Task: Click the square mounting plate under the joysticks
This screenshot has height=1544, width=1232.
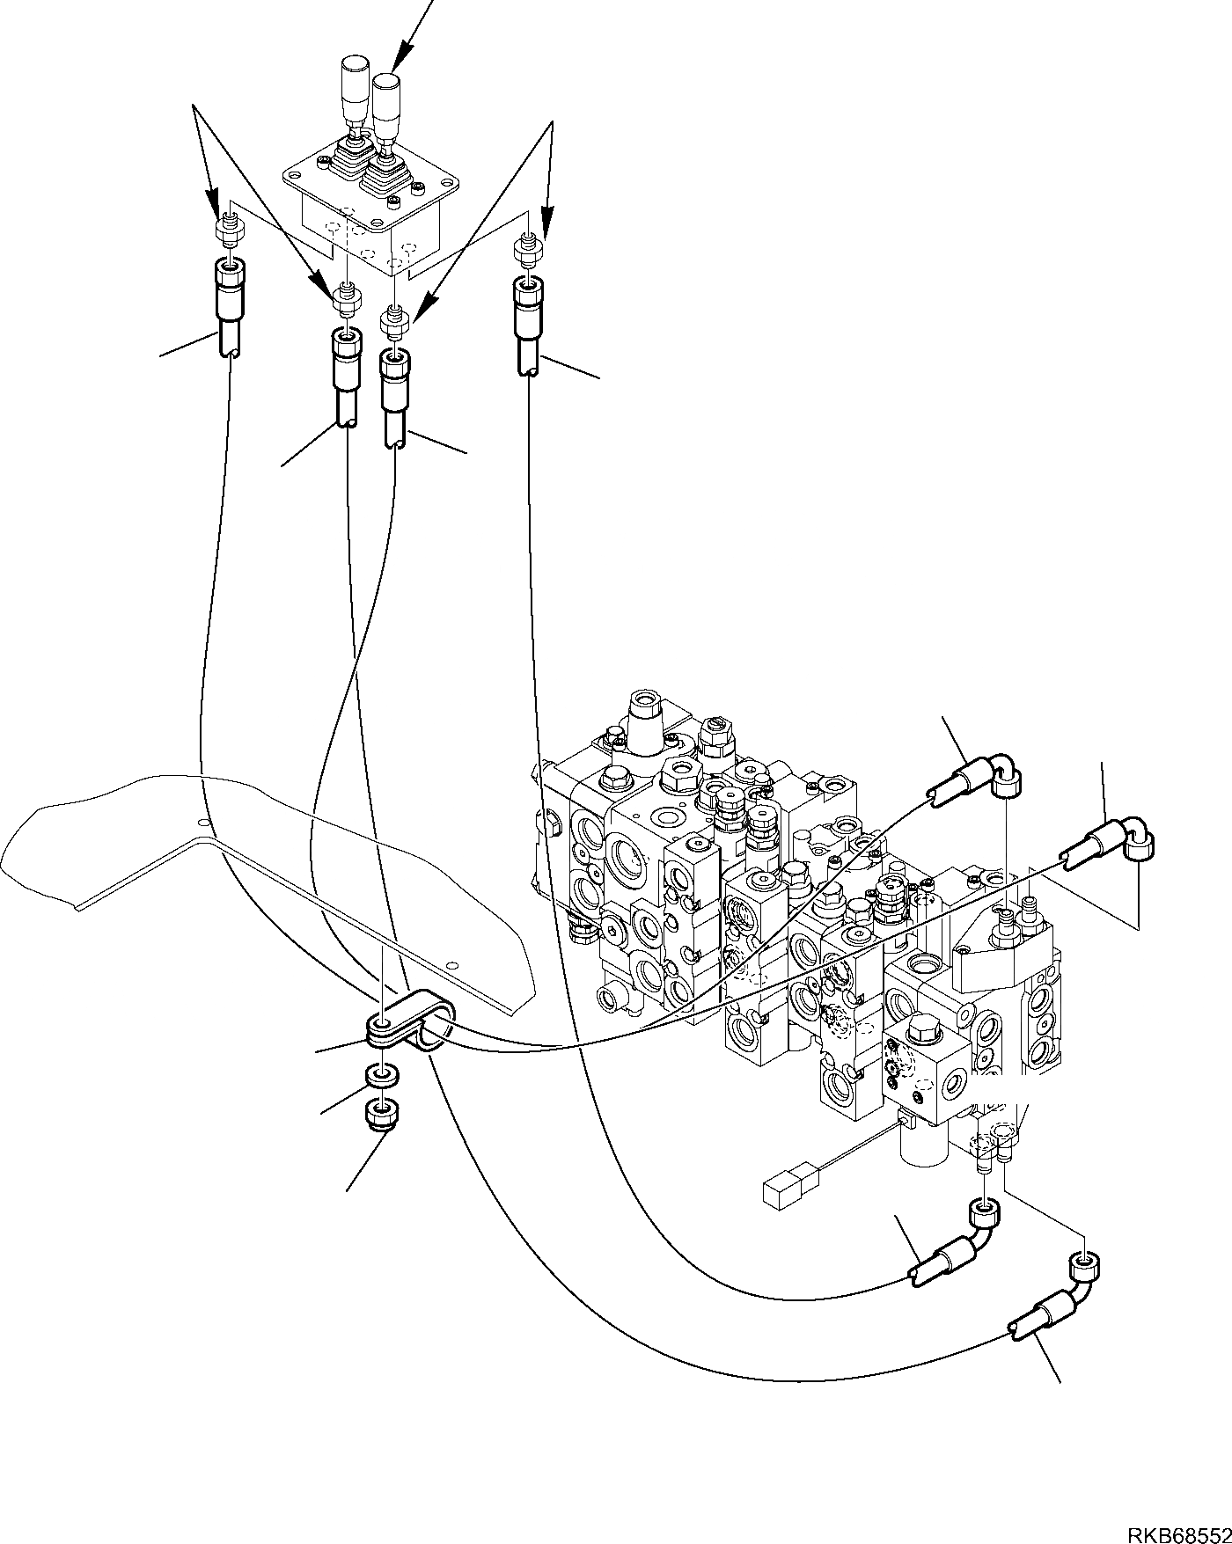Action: [371, 180]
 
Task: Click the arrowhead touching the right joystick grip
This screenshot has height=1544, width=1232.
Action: [396, 66]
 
